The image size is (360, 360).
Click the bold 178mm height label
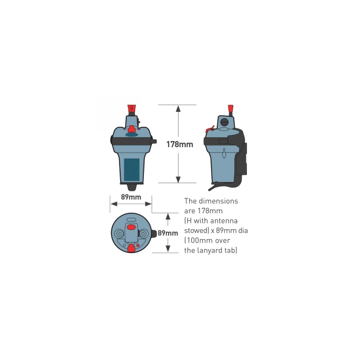pos(180,144)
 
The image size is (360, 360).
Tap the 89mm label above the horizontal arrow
pos(131,197)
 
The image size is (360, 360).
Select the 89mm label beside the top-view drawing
pos(168,233)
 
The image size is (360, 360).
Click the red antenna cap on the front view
pos(132,108)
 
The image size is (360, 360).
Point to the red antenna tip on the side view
pos(230,109)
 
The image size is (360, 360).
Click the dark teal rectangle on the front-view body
pos(132,169)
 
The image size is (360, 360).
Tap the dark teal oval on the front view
pos(132,135)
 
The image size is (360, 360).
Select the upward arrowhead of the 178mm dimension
pos(178,109)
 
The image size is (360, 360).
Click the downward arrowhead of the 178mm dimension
pos(178,180)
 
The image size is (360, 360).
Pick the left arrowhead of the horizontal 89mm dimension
pos(114,204)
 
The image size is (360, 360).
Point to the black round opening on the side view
pos(224,122)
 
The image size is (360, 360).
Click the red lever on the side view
pos(209,129)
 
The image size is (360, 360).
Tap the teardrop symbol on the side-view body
pos(224,153)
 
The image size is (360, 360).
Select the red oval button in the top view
pos(131,227)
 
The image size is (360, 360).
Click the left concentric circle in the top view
pos(120,234)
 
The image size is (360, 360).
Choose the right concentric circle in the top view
pos(143,234)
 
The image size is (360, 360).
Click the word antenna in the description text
pos(224,221)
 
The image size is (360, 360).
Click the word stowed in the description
pos(196,230)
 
